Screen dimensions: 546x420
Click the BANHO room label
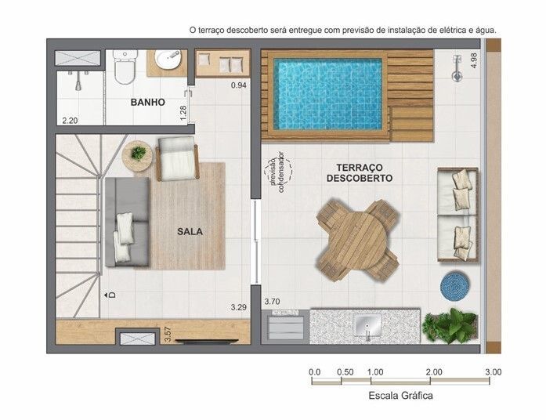point(147,102)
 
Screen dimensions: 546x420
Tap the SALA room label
point(190,231)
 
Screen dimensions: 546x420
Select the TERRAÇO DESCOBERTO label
point(360,172)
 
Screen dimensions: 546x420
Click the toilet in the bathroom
point(125,67)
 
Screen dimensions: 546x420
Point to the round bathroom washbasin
point(168,60)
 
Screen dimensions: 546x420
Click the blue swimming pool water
point(327,94)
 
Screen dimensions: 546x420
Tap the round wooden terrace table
point(358,240)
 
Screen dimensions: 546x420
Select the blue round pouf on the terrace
point(455,286)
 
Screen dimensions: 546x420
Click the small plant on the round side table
point(138,153)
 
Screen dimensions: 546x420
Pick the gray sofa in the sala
point(128,222)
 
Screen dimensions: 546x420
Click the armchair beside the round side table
point(178,158)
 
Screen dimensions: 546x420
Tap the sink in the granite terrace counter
point(367,325)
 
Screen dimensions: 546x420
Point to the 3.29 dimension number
point(238,307)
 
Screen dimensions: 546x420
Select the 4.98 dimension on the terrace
point(474,60)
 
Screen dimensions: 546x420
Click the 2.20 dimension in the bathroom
point(70,121)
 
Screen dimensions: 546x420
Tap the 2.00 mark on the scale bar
point(434,372)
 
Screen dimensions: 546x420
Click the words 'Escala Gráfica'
point(401,396)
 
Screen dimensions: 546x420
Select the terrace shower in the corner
point(457,68)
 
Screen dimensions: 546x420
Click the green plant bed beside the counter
point(450,326)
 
